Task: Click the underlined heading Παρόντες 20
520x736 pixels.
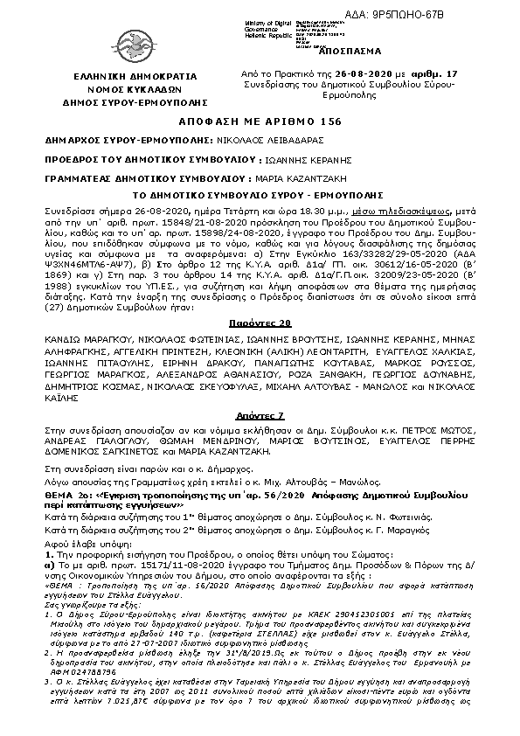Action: point(260,347)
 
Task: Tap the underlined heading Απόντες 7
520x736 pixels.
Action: point(260,416)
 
